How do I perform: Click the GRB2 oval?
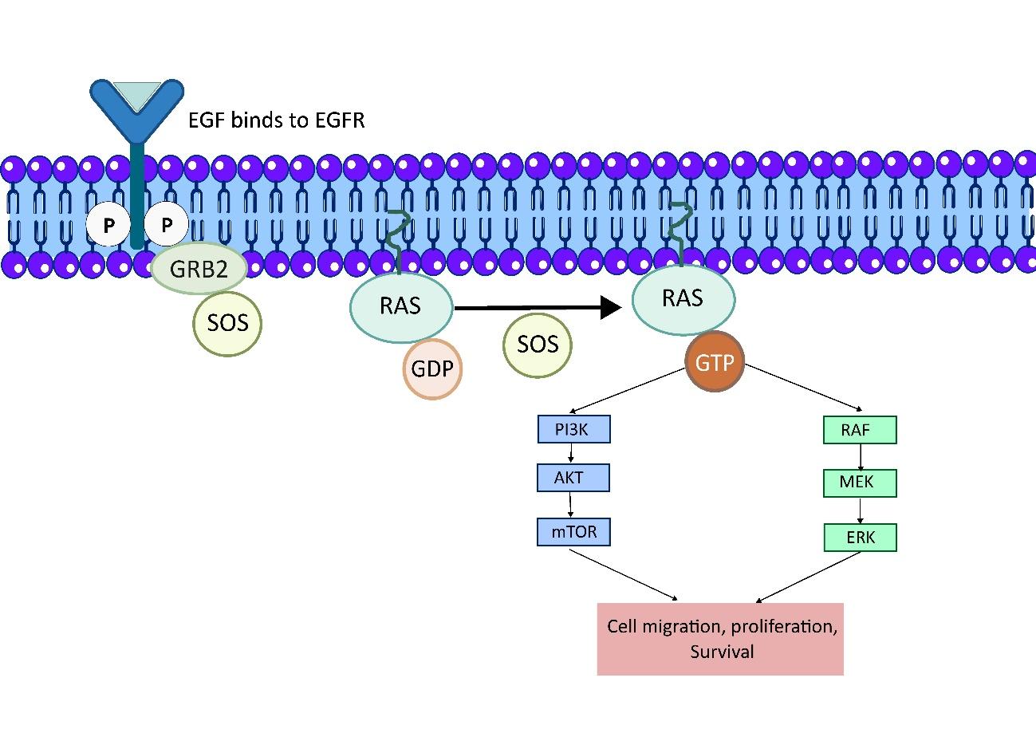(x=199, y=268)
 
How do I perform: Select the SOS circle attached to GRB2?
(x=227, y=323)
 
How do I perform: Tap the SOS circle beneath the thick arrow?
(x=538, y=345)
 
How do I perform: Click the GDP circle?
(x=432, y=369)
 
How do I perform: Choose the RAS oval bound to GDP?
(x=401, y=307)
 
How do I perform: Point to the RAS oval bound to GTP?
(x=683, y=298)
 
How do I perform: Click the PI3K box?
(x=573, y=430)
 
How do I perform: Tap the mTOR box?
(x=574, y=531)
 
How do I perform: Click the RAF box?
(x=859, y=430)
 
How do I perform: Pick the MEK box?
(x=860, y=483)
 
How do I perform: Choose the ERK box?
(x=860, y=538)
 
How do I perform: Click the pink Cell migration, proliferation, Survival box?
(x=720, y=639)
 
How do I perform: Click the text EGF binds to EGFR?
(x=276, y=121)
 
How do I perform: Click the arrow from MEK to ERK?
(x=860, y=510)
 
